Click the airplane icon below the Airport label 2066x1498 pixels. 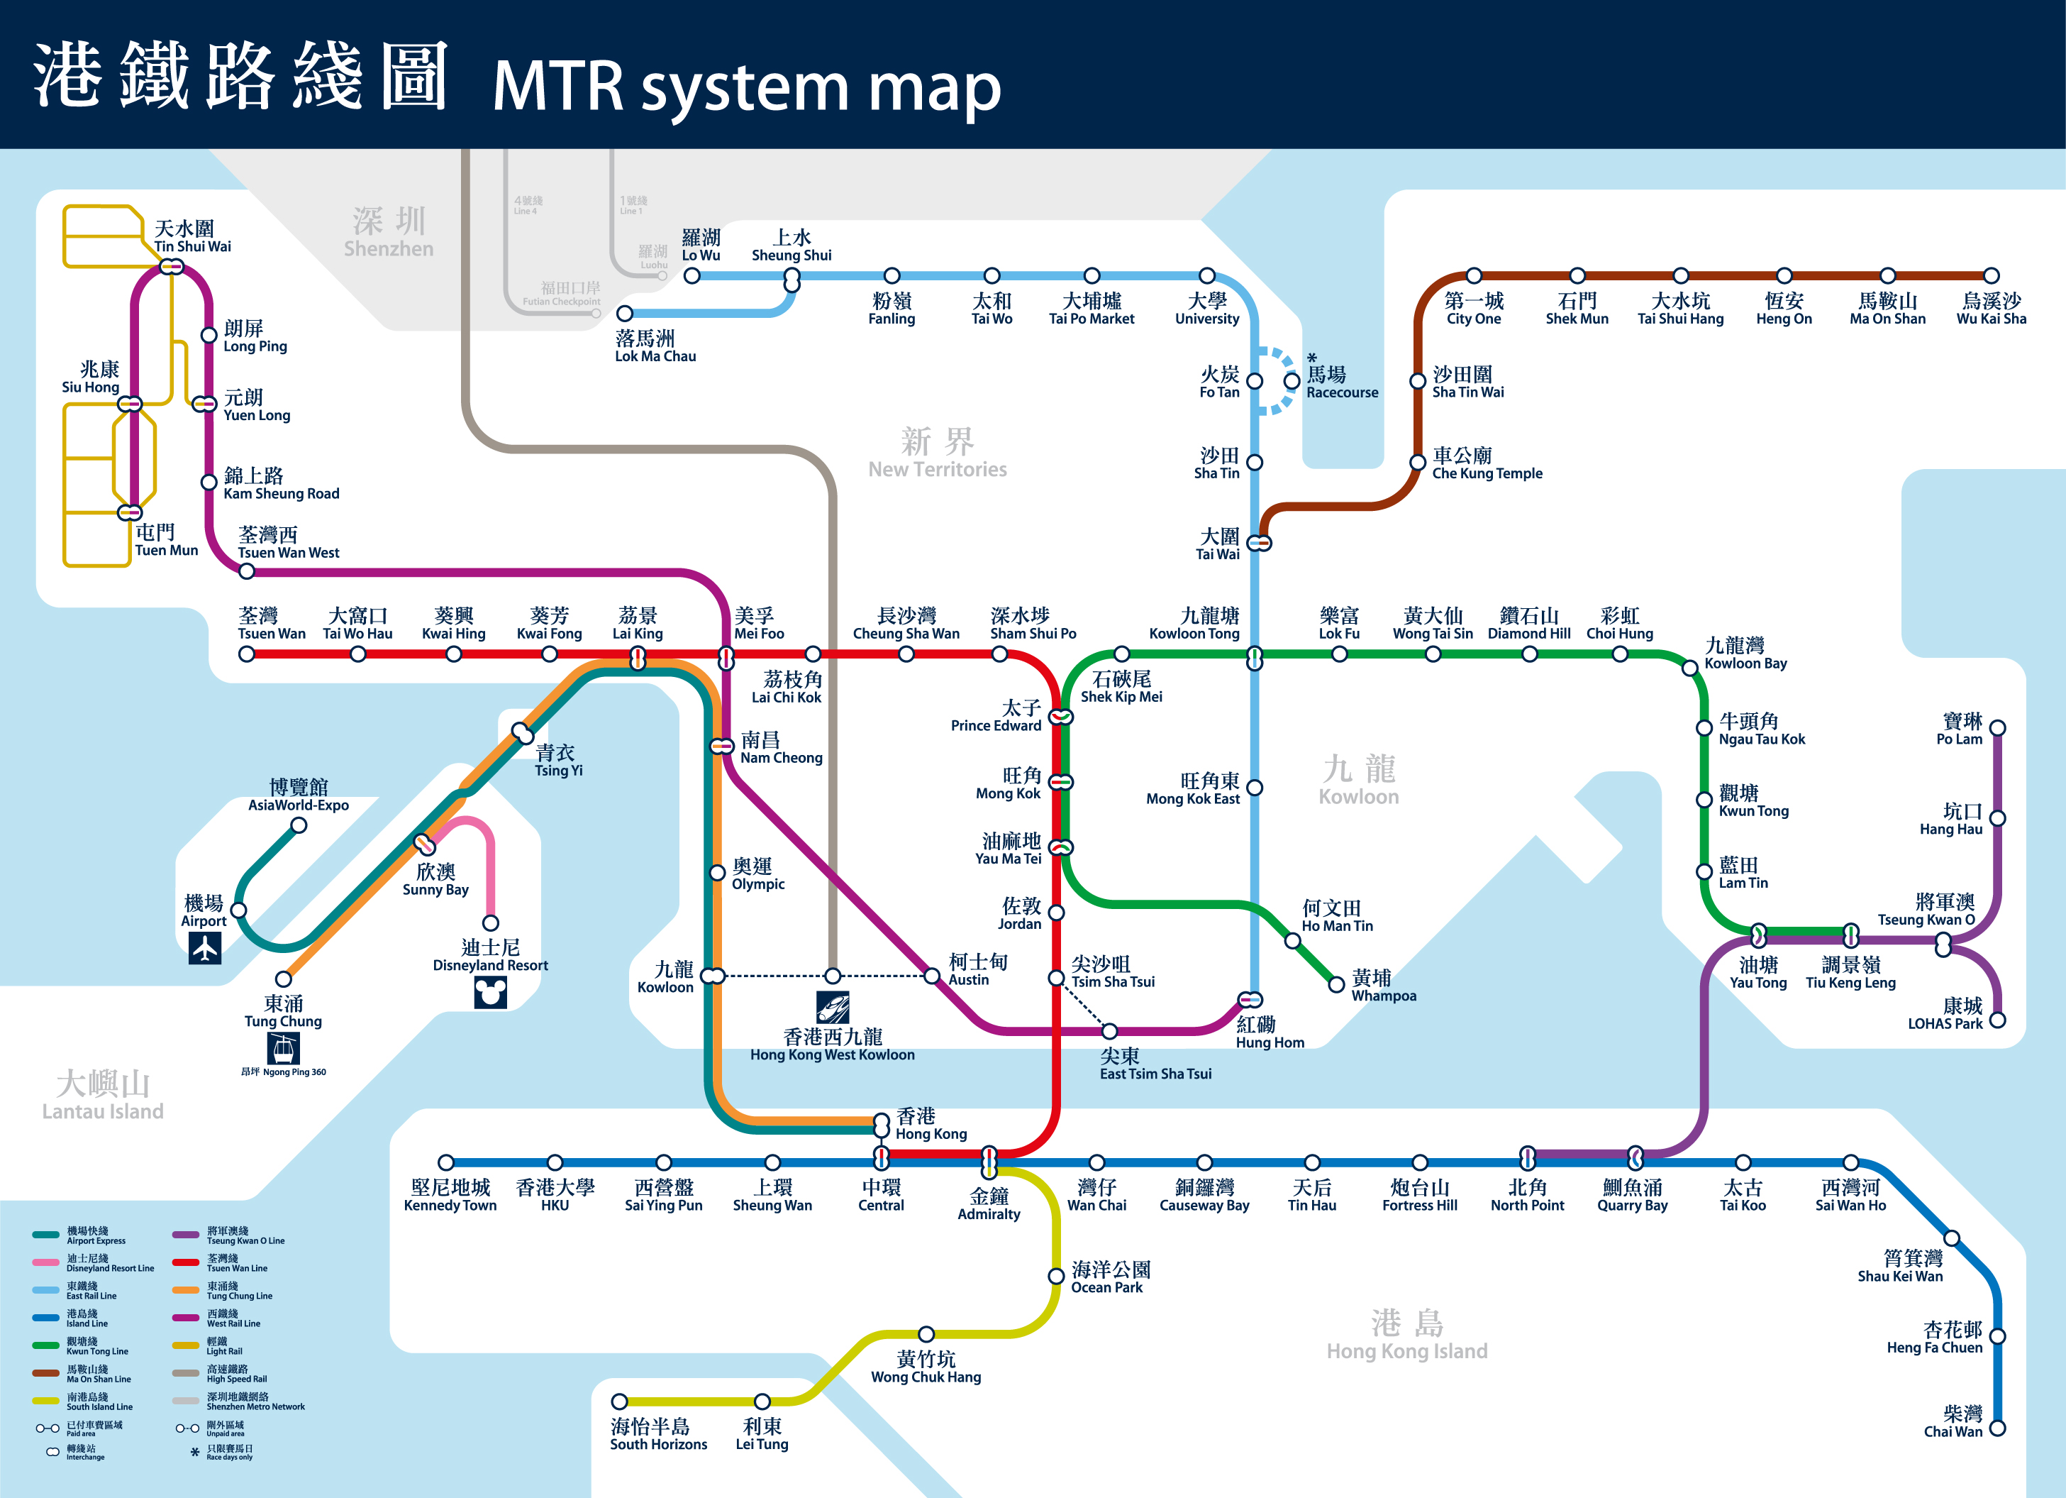[x=205, y=947]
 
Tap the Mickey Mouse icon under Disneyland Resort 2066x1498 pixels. [x=490, y=992]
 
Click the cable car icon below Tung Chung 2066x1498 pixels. [x=283, y=1049]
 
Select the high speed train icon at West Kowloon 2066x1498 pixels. [x=833, y=1007]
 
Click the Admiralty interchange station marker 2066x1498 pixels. [x=989, y=1162]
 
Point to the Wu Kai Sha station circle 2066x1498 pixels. [x=1992, y=275]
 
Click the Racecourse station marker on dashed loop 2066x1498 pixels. [x=1292, y=381]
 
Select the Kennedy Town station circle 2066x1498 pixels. [x=445, y=1162]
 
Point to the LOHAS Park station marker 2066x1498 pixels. [x=1998, y=1020]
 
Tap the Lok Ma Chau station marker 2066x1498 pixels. [x=625, y=314]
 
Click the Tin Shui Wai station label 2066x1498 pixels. [x=192, y=236]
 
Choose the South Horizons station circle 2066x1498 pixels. [x=619, y=1401]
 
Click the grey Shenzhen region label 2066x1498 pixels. [x=389, y=231]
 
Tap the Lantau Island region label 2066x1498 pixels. [x=103, y=1095]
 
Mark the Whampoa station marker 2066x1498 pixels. [x=1336, y=984]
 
